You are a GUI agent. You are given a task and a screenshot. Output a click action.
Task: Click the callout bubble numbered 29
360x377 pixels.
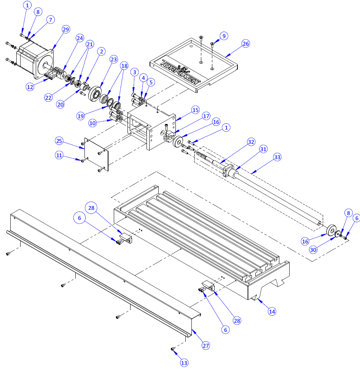(66, 30)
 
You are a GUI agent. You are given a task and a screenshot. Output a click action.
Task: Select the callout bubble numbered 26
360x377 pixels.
(245, 44)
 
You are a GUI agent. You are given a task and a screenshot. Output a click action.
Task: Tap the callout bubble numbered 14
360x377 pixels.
(272, 311)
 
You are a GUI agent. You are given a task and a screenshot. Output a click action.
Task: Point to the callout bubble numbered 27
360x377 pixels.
(206, 345)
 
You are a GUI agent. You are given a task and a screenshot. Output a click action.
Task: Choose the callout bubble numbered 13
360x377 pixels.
(184, 363)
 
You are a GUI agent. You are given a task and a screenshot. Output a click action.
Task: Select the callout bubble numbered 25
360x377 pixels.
(59, 141)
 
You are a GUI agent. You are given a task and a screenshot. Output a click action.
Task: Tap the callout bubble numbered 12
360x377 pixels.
(30, 87)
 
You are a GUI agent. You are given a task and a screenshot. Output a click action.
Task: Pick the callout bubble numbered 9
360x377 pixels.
(224, 36)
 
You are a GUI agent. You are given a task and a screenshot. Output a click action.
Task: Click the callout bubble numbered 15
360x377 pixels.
(195, 110)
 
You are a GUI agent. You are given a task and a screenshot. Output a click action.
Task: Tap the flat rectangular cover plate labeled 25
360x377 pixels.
(96, 154)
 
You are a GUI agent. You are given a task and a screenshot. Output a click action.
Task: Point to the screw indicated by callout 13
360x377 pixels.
(173, 348)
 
